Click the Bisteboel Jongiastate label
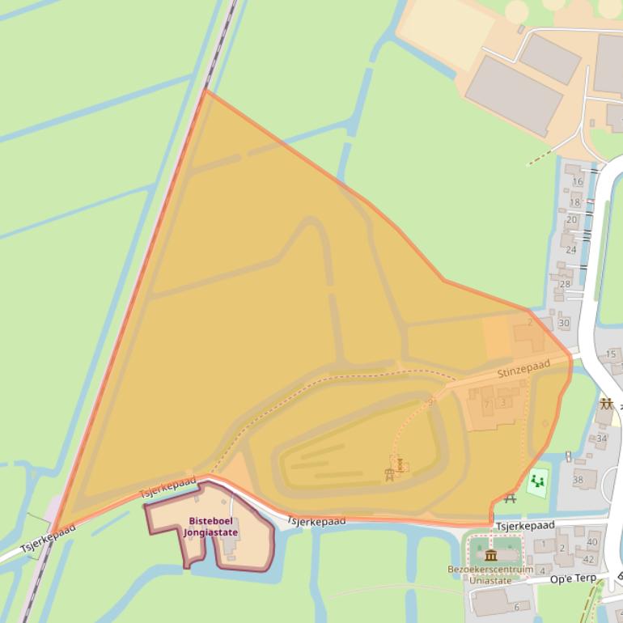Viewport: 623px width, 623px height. [210, 527]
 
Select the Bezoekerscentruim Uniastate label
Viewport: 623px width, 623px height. [490, 574]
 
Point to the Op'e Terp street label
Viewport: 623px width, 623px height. [573, 579]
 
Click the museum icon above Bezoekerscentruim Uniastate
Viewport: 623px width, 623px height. [490, 555]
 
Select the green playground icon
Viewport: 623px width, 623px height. [536, 483]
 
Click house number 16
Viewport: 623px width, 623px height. [577, 181]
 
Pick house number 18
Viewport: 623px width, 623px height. [574, 202]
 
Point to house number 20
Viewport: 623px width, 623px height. [571, 219]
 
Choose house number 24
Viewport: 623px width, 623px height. [571, 249]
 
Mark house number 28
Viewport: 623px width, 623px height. [565, 283]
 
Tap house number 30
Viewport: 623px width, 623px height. [563, 323]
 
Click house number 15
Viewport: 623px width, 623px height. [611, 354]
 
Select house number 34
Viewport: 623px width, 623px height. [601, 439]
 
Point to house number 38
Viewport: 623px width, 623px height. [578, 480]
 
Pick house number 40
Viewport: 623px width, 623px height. [592, 542]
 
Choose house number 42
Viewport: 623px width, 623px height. [588, 559]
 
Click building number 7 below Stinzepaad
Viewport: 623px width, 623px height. [486, 405]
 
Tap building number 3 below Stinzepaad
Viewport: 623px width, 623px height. [502, 402]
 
